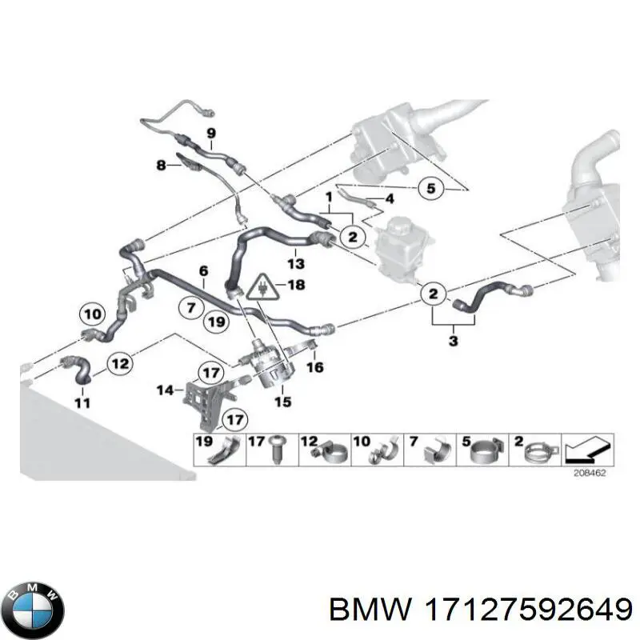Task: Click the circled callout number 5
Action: click(431, 189)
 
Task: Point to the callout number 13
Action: click(295, 264)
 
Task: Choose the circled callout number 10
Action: click(93, 314)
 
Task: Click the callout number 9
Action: click(211, 133)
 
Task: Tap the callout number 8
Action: click(162, 166)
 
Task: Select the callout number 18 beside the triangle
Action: click(296, 284)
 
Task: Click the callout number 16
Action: click(314, 367)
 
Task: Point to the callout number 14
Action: click(166, 390)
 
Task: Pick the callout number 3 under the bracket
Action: click(453, 341)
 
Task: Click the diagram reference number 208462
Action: click(590, 473)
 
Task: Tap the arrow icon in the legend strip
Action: click(587, 450)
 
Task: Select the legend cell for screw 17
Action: click(272, 450)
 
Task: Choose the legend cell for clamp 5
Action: click(482, 450)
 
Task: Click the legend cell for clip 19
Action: click(219, 450)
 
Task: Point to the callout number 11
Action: click(82, 403)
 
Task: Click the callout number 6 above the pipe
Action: click(203, 270)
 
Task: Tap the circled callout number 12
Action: click(120, 363)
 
